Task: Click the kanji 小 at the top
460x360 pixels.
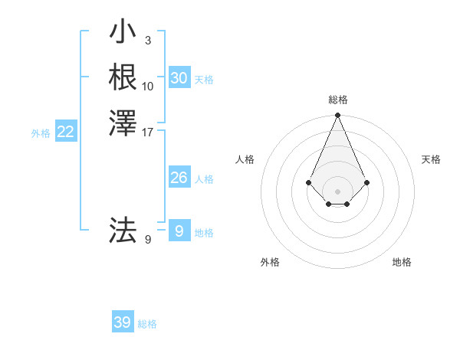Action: click(123, 33)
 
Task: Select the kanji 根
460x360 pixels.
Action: click(123, 77)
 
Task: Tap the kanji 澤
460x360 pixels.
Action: click(123, 122)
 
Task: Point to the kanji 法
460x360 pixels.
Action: click(123, 230)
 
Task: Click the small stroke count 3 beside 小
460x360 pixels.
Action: click(147, 40)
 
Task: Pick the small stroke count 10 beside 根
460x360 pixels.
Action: click(148, 86)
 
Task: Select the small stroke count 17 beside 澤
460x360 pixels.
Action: click(148, 131)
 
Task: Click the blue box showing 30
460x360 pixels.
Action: click(179, 78)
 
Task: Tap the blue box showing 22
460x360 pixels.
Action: click(66, 133)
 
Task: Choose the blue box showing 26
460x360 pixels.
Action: click(179, 178)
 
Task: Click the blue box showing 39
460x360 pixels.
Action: click(122, 322)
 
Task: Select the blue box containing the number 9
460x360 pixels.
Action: click(179, 231)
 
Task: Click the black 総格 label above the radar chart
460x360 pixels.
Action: click(338, 100)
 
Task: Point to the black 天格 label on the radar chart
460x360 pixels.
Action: click(432, 159)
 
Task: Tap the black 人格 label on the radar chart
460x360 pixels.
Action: click(245, 159)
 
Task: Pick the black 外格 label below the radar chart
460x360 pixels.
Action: click(270, 263)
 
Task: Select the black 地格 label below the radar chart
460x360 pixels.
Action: click(402, 263)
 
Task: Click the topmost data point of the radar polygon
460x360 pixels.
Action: click(337, 116)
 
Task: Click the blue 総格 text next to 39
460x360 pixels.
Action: click(147, 325)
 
